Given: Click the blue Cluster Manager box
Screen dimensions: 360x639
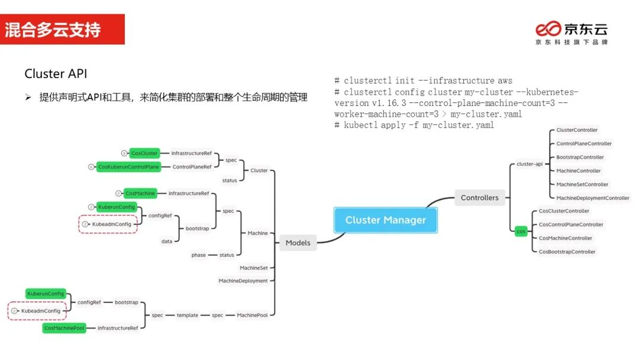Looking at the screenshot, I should [386, 220].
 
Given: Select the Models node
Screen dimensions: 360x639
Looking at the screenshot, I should [298, 242].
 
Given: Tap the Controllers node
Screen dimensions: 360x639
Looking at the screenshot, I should [479, 198].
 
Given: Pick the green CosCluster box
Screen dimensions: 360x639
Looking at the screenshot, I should [145, 153].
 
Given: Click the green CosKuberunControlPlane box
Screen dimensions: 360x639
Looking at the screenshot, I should [128, 167].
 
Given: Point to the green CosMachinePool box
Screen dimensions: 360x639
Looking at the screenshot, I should [64, 327].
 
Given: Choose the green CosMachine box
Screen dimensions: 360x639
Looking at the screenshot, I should [140, 194].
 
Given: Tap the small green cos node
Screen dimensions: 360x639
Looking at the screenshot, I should [521, 232].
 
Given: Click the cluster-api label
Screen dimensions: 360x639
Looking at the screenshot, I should [530, 164].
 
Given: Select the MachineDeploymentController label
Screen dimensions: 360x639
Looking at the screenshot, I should [592, 198].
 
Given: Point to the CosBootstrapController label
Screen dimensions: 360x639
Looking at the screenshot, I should [567, 252].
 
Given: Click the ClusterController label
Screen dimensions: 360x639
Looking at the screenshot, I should [577, 130].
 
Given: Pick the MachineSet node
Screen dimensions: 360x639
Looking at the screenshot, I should [253, 268].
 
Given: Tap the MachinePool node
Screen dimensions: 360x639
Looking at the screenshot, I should [252, 315].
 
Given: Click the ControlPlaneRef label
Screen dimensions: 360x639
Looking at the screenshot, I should [192, 167].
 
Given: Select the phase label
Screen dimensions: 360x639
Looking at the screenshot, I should [198, 255].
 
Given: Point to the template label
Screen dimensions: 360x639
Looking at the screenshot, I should [187, 315].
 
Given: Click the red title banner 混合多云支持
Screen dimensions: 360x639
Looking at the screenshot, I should [62, 30].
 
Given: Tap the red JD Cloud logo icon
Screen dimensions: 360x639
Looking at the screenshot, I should [547, 29].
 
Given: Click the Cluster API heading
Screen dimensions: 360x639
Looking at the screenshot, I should [56, 74].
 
